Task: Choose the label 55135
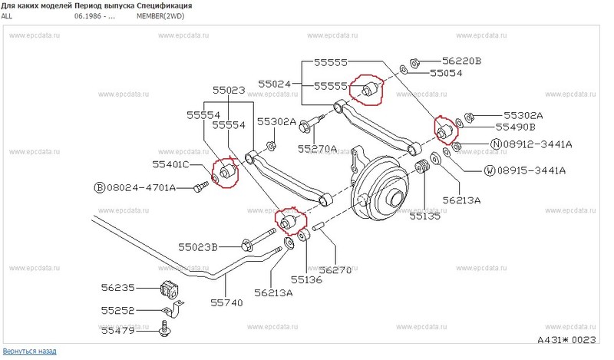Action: pyautogui.click(x=425, y=217)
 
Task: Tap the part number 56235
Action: pyautogui.click(x=117, y=288)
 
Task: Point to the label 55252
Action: pyautogui.click(x=117, y=311)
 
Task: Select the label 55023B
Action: pyautogui.click(x=199, y=247)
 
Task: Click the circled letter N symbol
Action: pyautogui.click(x=497, y=144)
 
